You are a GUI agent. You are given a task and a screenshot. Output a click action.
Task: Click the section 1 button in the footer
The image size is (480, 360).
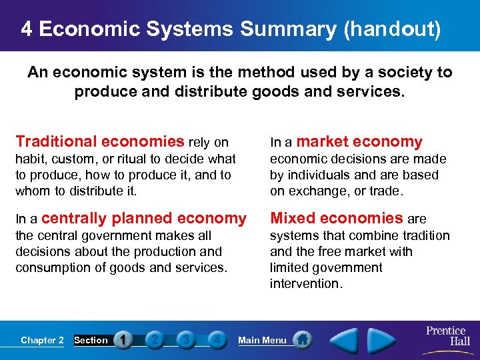[x=123, y=340]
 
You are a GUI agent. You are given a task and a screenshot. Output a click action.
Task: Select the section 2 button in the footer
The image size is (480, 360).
[x=154, y=340]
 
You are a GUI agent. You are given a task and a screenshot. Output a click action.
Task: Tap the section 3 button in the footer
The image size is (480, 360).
[x=185, y=340]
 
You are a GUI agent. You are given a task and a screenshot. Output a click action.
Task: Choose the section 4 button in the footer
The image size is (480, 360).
[x=216, y=340]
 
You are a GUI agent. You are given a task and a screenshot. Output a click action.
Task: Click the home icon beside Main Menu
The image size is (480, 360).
[x=302, y=340]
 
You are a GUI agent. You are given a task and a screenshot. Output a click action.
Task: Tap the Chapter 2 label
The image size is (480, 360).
[x=42, y=340]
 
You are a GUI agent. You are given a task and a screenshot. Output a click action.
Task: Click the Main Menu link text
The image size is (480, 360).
[x=262, y=340]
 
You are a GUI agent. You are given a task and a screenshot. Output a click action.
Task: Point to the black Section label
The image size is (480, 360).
[x=91, y=340]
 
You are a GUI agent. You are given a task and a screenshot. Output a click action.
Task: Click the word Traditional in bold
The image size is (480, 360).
[x=55, y=141]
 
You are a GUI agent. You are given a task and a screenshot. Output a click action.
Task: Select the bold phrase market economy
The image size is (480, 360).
[x=359, y=141]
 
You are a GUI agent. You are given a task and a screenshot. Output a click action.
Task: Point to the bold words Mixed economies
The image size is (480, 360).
[x=336, y=218]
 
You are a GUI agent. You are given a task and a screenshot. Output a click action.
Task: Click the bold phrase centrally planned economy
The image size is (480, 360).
[x=144, y=218]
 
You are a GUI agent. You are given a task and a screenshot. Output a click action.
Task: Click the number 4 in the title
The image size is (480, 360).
[x=26, y=29]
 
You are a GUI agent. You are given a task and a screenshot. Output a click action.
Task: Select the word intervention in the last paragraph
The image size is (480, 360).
[x=305, y=284]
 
